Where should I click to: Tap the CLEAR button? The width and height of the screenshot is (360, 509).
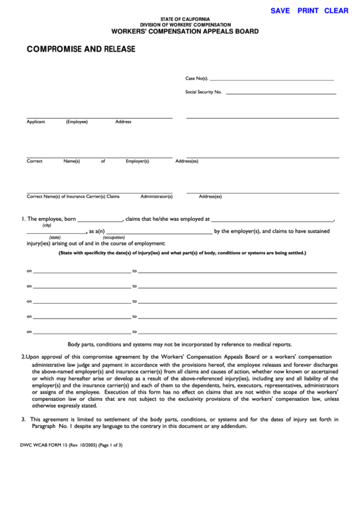pyautogui.click(x=336, y=11)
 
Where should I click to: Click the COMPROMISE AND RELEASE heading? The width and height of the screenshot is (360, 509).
pyautogui.click(x=81, y=49)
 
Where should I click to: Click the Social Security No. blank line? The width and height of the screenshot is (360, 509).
pyautogui.click(x=281, y=92)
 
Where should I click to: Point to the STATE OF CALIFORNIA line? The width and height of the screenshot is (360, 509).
pyautogui.click(x=185, y=18)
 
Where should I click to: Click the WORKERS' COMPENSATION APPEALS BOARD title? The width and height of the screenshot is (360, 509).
pyautogui.click(x=185, y=31)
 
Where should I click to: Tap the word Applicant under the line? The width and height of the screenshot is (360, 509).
pyautogui.click(x=36, y=122)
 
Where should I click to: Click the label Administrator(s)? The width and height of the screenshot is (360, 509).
pyautogui.click(x=156, y=196)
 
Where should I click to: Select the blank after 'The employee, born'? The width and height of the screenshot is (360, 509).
pyautogui.click(x=100, y=220)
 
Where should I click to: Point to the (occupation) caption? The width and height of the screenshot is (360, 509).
pyautogui.click(x=113, y=237)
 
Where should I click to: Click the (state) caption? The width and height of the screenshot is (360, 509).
pyautogui.click(x=36, y=237)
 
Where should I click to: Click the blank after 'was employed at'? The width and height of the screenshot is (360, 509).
pyautogui.click(x=273, y=220)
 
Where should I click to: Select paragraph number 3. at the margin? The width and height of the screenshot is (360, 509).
pyautogui.click(x=23, y=419)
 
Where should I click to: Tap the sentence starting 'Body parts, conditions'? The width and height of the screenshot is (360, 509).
pyautogui.click(x=179, y=345)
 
